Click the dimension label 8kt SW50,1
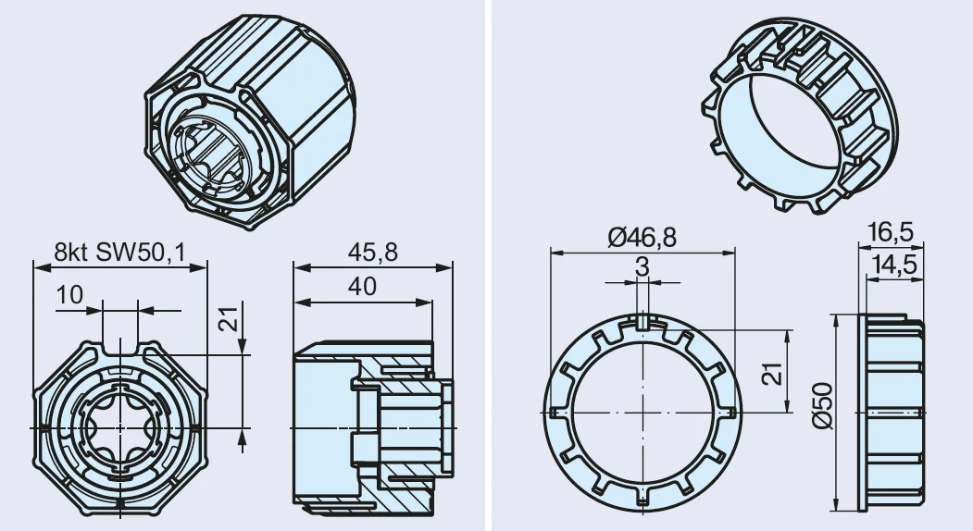[x=119, y=253]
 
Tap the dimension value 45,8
[x=372, y=253]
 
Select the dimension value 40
[x=362, y=287]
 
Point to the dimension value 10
[x=69, y=295]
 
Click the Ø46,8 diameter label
[x=642, y=237]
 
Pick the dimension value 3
[x=642, y=266]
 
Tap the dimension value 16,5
[x=891, y=232]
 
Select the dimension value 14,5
[x=894, y=265]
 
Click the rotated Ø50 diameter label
[x=822, y=405]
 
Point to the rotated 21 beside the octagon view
[x=229, y=318]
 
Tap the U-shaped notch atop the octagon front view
[x=120, y=346]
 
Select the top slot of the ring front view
[x=642, y=322]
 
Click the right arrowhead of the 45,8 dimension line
[x=445, y=267]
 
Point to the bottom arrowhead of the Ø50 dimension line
[x=836, y=503]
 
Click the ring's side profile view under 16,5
[x=892, y=413]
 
